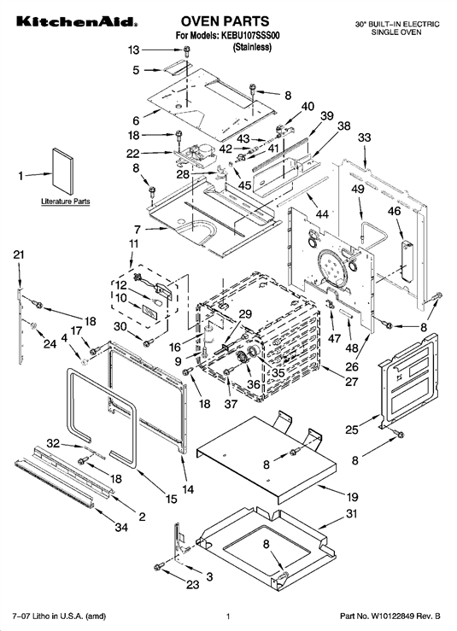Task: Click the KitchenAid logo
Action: pyautogui.click(x=77, y=21)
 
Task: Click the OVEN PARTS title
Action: pyautogui.click(x=225, y=21)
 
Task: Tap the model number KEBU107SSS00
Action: pyautogui.click(x=250, y=36)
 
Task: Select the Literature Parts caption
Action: pyautogui.click(x=66, y=202)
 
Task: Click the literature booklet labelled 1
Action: pyautogui.click(x=63, y=172)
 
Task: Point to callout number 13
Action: pyautogui.click(x=133, y=50)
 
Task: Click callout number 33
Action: pyautogui.click(x=365, y=137)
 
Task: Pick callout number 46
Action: pyautogui.click(x=395, y=210)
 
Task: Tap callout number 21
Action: pyautogui.click(x=19, y=254)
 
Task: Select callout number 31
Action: pyautogui.click(x=352, y=514)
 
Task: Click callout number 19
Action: pyautogui.click(x=352, y=497)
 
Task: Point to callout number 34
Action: pyautogui.click(x=121, y=527)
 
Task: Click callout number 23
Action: pyautogui.click(x=193, y=584)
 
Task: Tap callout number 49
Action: pyautogui.click(x=358, y=189)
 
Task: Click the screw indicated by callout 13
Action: pyautogui.click(x=187, y=50)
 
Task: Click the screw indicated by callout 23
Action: pyautogui.click(x=158, y=567)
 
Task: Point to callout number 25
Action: pyautogui.click(x=352, y=429)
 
